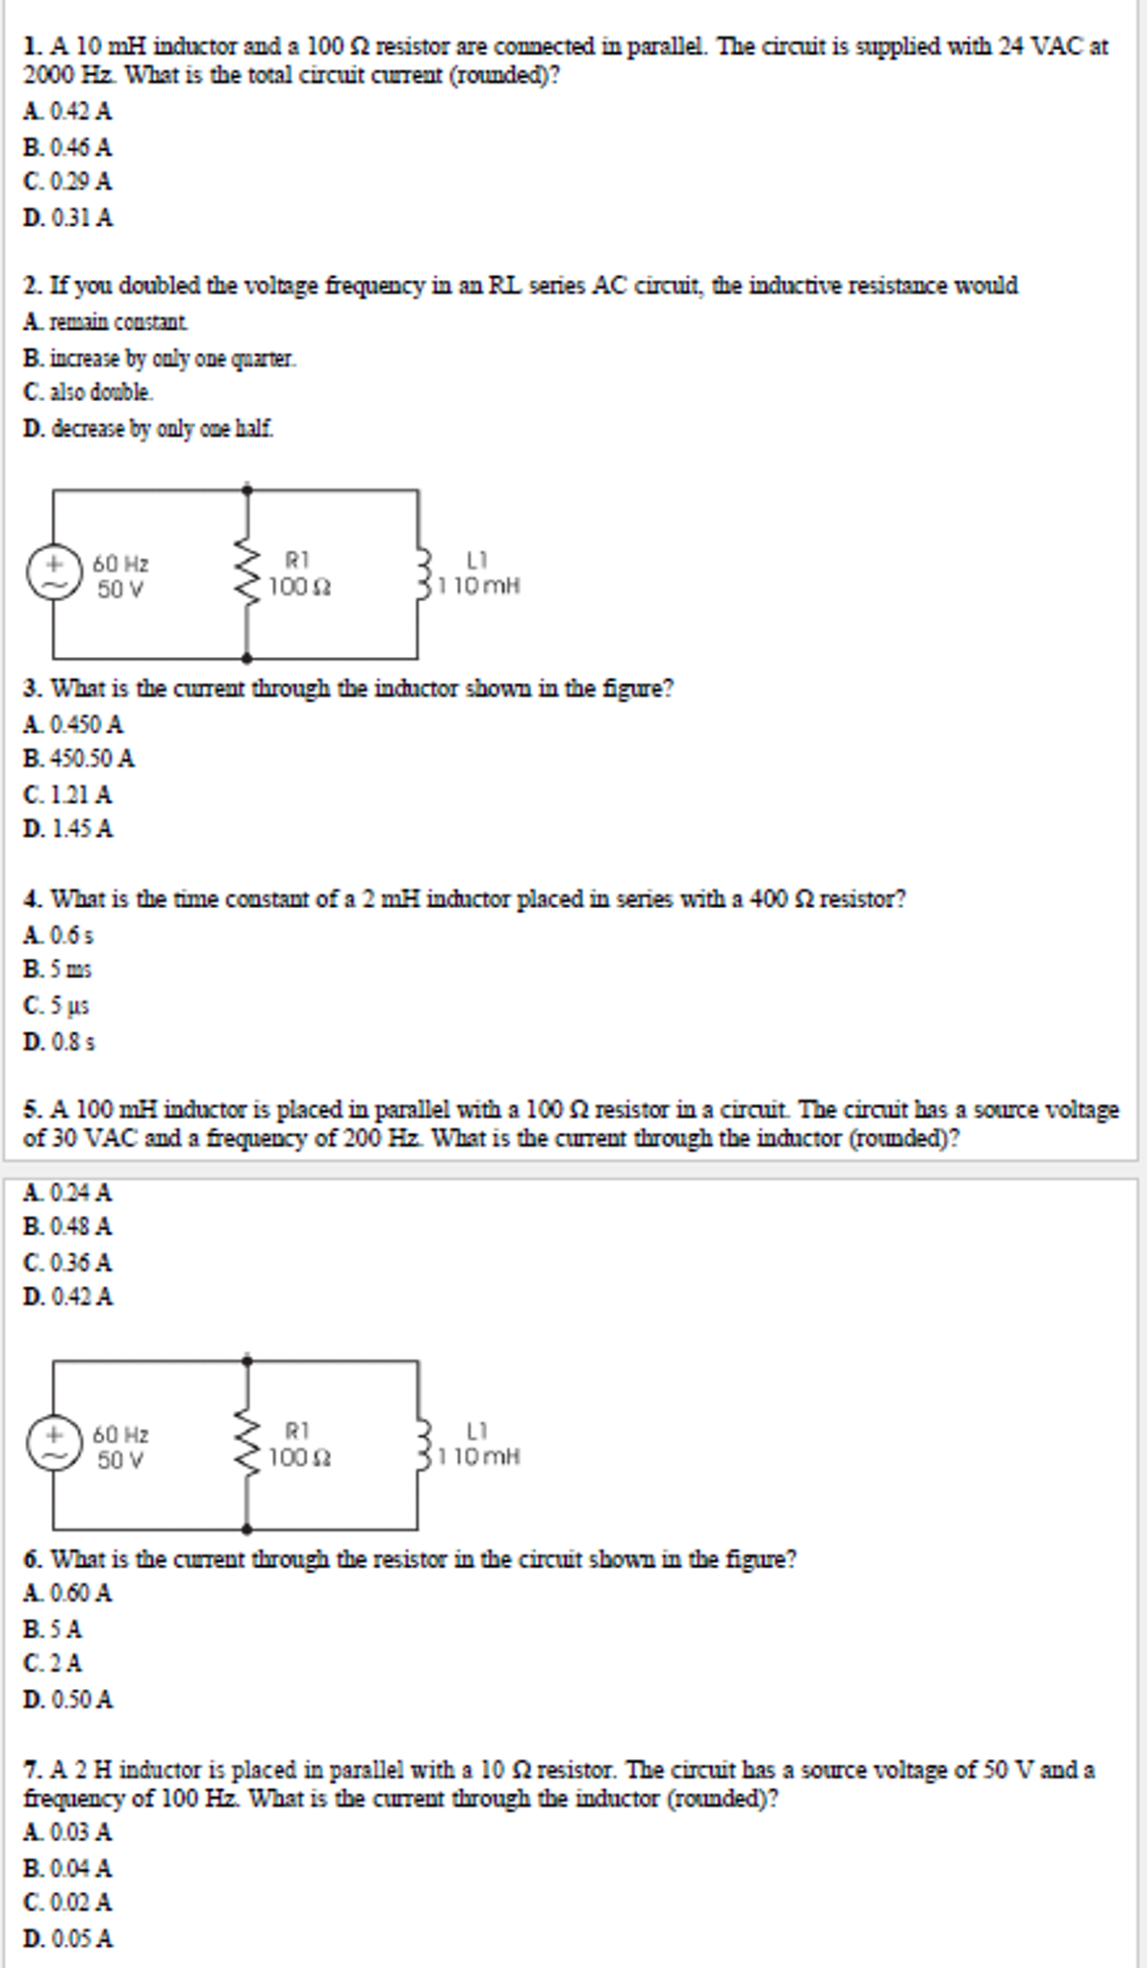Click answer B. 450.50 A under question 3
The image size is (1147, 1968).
click(x=79, y=759)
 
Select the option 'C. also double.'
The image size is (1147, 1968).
click(x=89, y=392)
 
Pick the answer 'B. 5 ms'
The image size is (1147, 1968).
click(x=58, y=970)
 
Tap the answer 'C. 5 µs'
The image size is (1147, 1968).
click(x=57, y=1006)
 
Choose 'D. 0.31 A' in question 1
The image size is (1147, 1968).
click(x=68, y=218)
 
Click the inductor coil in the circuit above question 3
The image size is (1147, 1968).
click(x=422, y=573)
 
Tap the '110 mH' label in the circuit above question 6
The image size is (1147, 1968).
click(x=479, y=1457)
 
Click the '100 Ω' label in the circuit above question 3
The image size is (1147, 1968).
click(x=299, y=586)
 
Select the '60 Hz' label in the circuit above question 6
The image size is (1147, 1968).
click(x=120, y=1435)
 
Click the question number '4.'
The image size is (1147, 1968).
click(x=33, y=899)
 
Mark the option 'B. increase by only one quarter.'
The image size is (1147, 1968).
click(x=160, y=359)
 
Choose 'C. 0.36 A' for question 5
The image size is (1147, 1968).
click(x=68, y=1262)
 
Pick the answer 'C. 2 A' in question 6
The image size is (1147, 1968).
click(x=54, y=1663)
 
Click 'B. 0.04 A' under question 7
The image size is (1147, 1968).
click(x=68, y=1868)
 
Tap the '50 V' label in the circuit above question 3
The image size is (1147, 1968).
click(x=120, y=589)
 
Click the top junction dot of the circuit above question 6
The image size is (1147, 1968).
click(x=247, y=1360)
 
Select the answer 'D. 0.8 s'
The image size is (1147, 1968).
click(x=60, y=1042)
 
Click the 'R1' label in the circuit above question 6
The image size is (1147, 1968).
click(x=297, y=1430)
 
